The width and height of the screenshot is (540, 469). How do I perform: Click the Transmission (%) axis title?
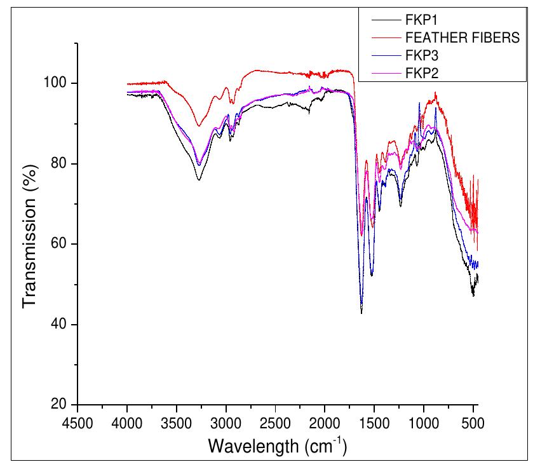point(30,244)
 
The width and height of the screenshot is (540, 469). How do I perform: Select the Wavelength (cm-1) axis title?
point(278,446)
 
